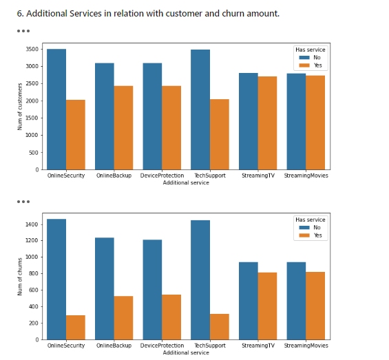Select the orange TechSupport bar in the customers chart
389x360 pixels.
(219, 134)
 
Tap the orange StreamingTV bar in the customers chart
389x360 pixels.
(266, 123)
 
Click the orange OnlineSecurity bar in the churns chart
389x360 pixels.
(76, 327)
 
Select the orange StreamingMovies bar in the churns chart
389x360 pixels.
(315, 306)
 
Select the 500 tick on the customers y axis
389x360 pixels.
(34, 152)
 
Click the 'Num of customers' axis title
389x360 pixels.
(20, 106)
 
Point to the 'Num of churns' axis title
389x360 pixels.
(20, 277)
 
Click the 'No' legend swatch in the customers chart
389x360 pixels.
(304, 58)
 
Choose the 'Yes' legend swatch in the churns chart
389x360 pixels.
(304, 235)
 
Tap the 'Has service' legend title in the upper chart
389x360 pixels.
(311, 50)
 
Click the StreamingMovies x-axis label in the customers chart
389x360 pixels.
(306, 176)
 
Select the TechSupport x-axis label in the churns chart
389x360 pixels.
(209, 346)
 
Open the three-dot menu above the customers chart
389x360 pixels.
(23, 31)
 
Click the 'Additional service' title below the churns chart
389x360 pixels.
(186, 352)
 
